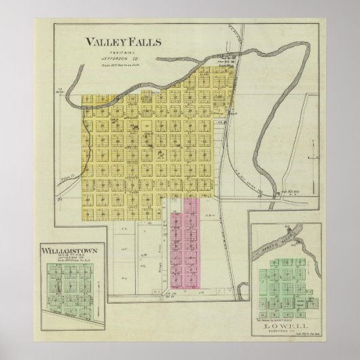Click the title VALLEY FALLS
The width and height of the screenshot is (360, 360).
coord(122,41)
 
